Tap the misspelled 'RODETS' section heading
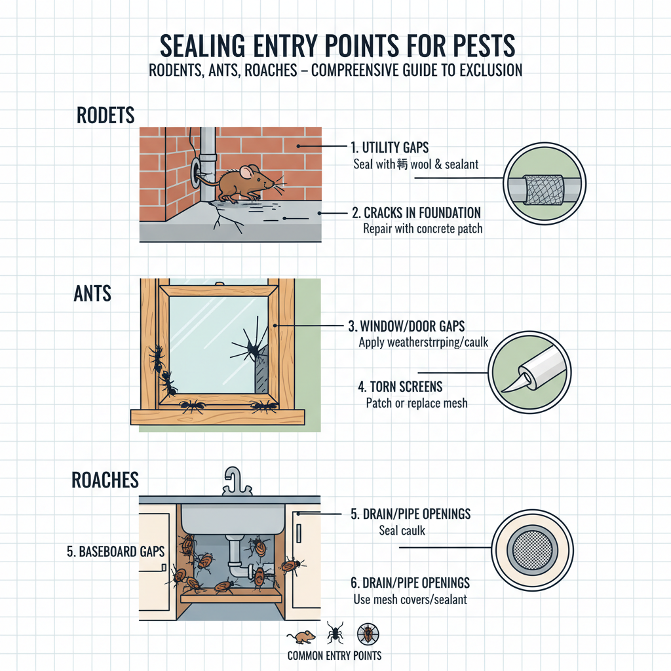(105, 115)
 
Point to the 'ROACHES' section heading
(105, 480)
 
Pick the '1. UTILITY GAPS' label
(391, 148)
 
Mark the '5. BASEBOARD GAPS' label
(115, 552)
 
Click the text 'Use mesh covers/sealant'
(410, 599)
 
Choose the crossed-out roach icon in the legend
(367, 633)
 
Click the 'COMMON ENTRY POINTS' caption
(334, 655)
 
